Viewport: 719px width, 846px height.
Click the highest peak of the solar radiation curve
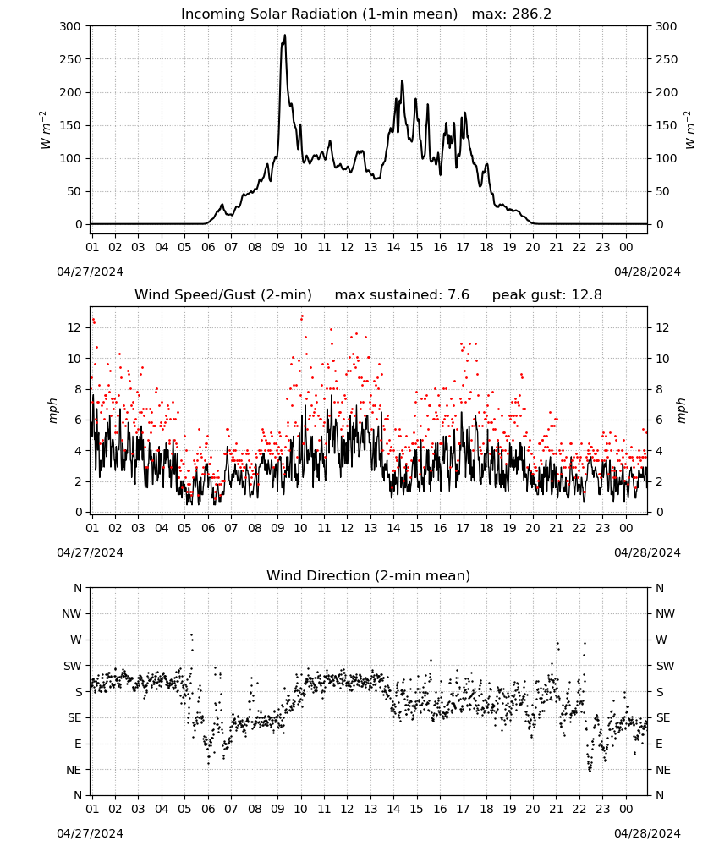(x=285, y=35)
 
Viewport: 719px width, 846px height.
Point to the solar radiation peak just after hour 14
(x=402, y=81)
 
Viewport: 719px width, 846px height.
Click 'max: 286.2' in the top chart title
(x=512, y=14)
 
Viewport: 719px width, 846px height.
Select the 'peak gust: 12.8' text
(x=546, y=295)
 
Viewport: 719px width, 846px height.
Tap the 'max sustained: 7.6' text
(x=402, y=295)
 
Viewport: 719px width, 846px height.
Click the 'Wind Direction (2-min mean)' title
(x=369, y=575)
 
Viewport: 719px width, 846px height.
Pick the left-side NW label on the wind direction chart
(x=72, y=613)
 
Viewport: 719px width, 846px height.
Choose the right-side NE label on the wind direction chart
(x=663, y=770)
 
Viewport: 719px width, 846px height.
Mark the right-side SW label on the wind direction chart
(x=665, y=666)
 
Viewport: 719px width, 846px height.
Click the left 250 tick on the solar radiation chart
(x=71, y=59)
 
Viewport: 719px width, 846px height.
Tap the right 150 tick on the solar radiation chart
(x=667, y=125)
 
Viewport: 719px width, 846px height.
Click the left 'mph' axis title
(x=52, y=410)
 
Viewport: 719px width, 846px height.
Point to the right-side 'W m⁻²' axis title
(x=689, y=130)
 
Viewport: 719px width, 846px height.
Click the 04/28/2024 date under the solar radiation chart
(x=647, y=272)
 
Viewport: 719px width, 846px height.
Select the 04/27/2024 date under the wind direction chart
(x=90, y=833)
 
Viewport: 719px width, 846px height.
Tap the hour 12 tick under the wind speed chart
(x=347, y=528)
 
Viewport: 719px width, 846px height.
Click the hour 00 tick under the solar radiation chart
(x=626, y=247)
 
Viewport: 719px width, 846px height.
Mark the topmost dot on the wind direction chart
(x=191, y=635)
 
